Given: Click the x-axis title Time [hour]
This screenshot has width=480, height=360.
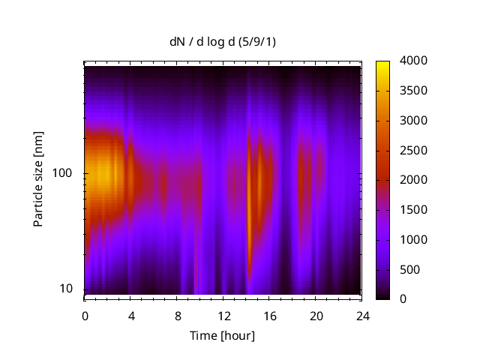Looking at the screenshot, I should (x=221, y=335).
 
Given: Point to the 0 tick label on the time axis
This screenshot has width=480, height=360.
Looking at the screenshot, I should (x=85, y=316).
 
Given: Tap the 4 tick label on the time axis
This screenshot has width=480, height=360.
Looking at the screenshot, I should (x=131, y=316).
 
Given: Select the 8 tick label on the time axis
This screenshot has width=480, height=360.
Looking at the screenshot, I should (x=178, y=316).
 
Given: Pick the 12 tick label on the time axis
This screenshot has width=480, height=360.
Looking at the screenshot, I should (x=223, y=316).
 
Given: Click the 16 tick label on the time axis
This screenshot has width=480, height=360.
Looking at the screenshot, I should (x=270, y=316).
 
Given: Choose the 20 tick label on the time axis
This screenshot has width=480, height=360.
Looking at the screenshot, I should (x=316, y=316).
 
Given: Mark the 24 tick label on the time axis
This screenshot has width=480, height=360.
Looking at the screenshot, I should (x=362, y=316).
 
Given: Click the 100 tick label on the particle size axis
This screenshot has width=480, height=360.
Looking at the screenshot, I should (x=61, y=173).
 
